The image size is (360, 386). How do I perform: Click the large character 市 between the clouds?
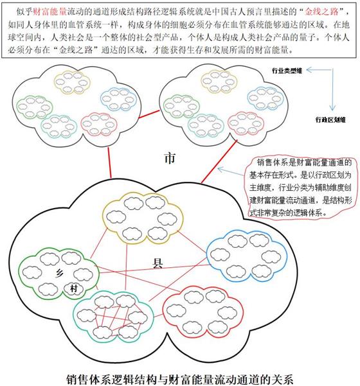click(x=170, y=158)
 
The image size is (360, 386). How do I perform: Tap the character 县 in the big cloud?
click(x=157, y=263)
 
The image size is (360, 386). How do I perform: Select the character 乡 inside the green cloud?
click(x=59, y=273)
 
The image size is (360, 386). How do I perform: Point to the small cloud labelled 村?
click(x=73, y=288)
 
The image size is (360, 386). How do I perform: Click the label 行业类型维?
click(x=287, y=71)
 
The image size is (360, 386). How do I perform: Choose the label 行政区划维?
click(x=330, y=120)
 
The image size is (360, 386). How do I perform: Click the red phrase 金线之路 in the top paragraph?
click(x=321, y=12)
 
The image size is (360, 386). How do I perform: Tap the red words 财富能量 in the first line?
click(x=50, y=12)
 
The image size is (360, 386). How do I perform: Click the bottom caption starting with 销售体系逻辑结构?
click(x=180, y=380)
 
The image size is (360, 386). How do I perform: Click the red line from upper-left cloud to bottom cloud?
click(x=110, y=162)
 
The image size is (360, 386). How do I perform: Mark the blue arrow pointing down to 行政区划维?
click(x=332, y=90)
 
